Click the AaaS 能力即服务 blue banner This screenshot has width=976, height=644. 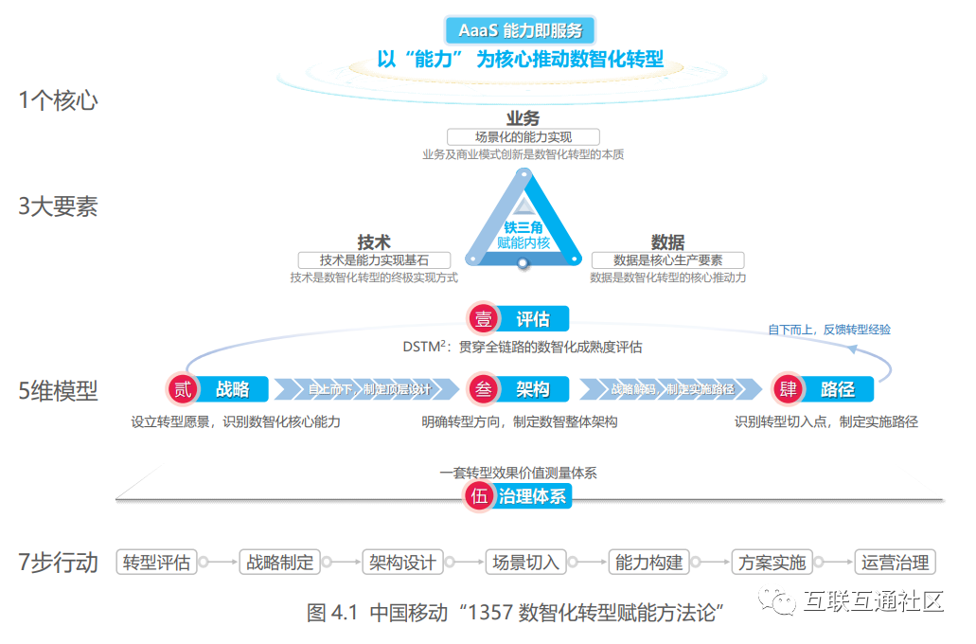pos(521,29)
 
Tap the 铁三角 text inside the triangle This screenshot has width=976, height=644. pos(523,227)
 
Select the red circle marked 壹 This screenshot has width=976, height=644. pos(484,318)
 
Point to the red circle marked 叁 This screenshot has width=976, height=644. pos(484,388)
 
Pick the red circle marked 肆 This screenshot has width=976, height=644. pos(788,388)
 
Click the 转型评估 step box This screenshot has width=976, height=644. pos(157,562)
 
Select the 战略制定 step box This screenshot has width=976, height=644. pos(280,562)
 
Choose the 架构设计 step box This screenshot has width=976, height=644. pos(402,562)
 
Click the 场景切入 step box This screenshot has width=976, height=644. pos(525,562)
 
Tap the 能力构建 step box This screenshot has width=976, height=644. pos(648,562)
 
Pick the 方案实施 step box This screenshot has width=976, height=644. pos(772,562)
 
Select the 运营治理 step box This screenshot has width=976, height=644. pos(895,562)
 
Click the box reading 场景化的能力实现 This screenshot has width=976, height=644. pos(523,137)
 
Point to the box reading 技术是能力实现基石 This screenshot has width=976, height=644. pos(374,259)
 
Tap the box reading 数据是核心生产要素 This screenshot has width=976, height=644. pos(667,259)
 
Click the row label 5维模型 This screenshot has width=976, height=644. pos(58,390)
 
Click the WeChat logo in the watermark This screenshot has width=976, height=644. pos(783,601)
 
